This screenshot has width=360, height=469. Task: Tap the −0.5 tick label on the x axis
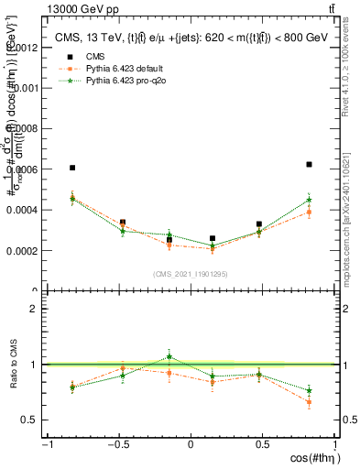[117, 444]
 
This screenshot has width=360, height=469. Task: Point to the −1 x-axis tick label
[45, 444]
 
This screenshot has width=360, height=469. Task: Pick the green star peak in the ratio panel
[169, 356]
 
